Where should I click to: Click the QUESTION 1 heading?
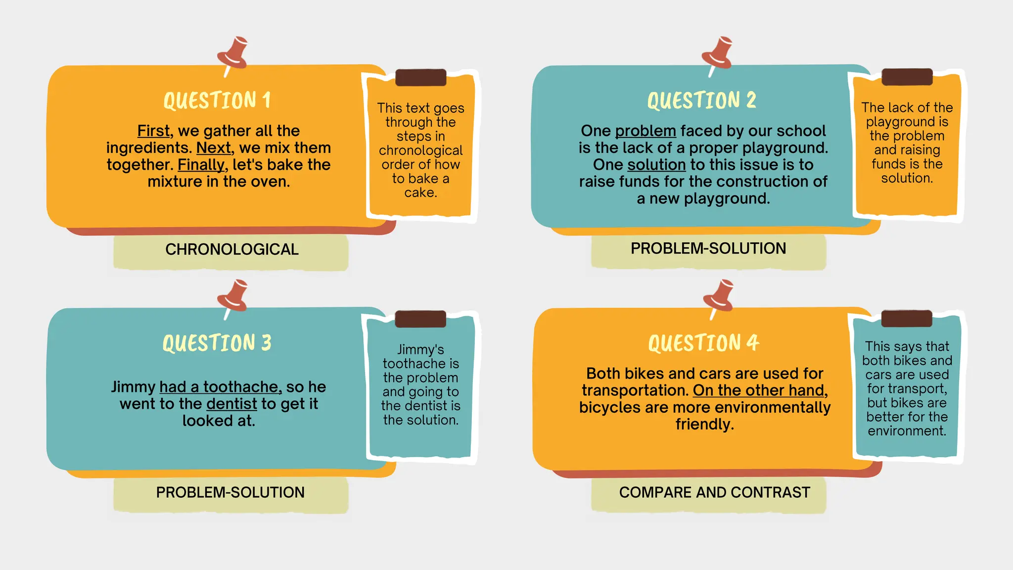coord(217,100)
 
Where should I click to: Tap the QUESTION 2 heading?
coord(701,100)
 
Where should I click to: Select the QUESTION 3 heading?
coord(217,343)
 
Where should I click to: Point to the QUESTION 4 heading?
coord(703,343)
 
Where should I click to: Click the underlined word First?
coord(153,131)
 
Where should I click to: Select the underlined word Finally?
coord(201,164)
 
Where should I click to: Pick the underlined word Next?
coord(213,147)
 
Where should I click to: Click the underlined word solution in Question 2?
coord(657,164)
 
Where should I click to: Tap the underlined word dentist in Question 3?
coord(231,404)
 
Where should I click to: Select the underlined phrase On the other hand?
coord(759,390)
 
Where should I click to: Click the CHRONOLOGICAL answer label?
coord(231,249)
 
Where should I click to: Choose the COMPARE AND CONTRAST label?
coord(714,492)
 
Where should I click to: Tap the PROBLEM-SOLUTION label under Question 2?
coord(708,248)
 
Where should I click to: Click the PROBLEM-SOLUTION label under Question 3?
coord(230,492)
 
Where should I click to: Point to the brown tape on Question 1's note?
coord(420,78)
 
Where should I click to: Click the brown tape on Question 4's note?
coord(907,319)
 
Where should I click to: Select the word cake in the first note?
coord(420,192)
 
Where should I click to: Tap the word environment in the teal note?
coord(907,431)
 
